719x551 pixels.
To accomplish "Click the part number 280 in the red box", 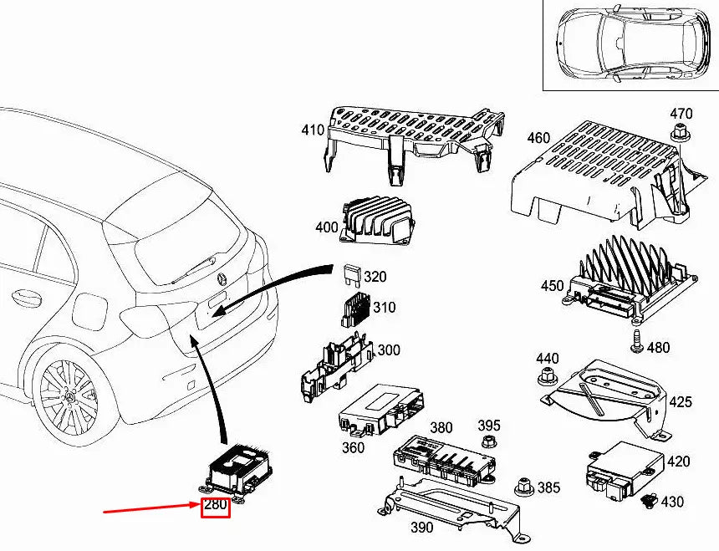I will [216, 505].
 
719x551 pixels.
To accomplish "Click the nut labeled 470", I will [679, 131].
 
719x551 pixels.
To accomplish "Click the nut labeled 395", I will [489, 442].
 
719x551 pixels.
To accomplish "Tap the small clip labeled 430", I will [649, 501].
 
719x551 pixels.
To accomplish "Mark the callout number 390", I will [422, 527].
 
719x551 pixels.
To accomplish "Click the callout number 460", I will [538, 137].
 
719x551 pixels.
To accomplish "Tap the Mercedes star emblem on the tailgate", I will [223, 278].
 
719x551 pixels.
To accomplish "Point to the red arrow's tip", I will [197, 505].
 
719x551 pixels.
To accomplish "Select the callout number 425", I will [681, 402].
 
